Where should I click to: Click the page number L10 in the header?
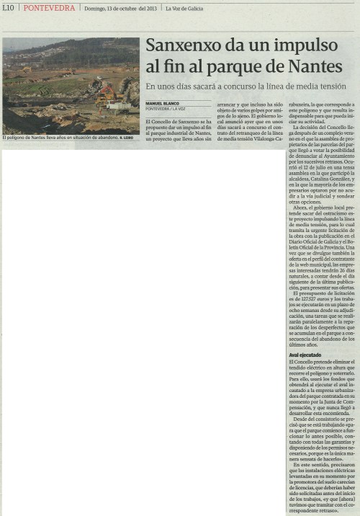(x=8, y=8)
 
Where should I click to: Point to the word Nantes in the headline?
(x=315, y=67)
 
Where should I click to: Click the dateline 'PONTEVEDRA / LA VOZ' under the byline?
(x=167, y=109)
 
